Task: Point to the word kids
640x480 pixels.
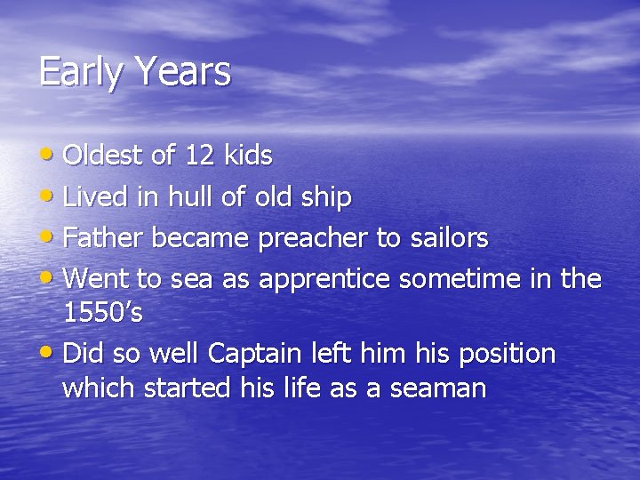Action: point(248,156)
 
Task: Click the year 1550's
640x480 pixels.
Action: point(103,313)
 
